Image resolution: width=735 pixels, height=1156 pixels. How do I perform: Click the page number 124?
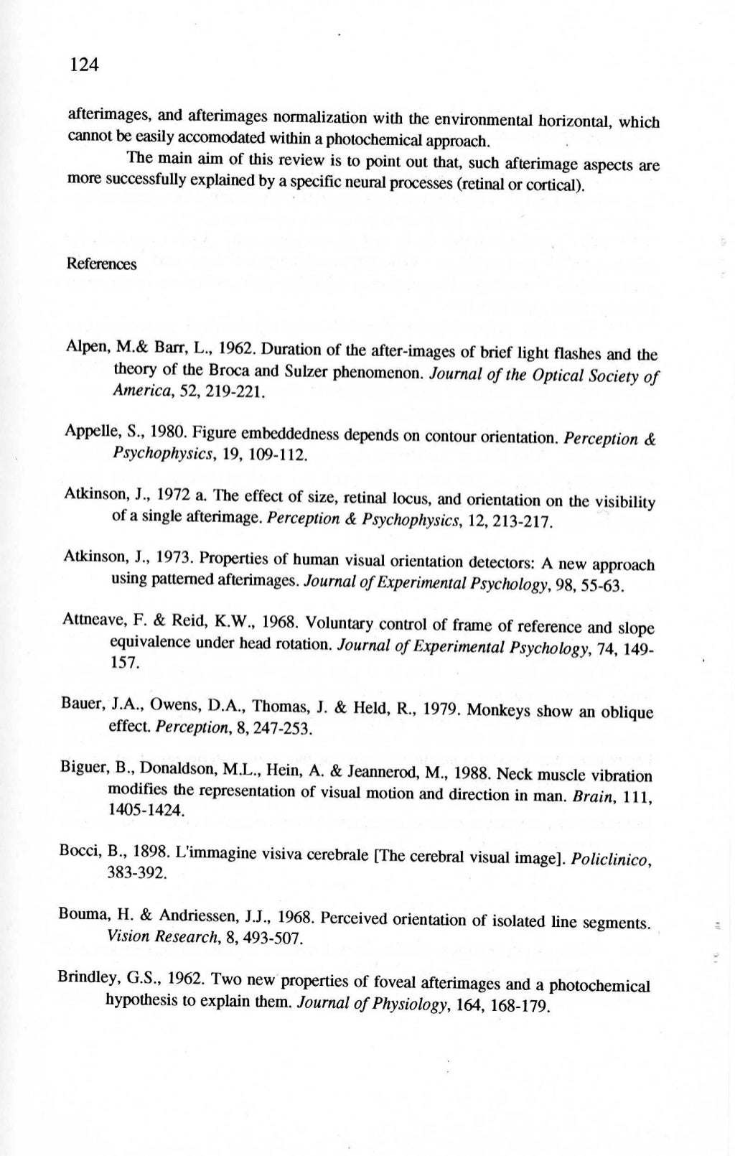click(x=83, y=66)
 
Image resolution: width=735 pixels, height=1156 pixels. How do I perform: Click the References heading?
click(x=101, y=264)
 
